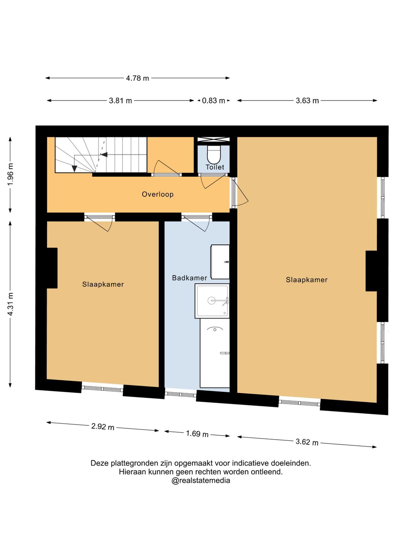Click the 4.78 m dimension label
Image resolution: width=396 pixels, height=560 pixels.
pos(137,78)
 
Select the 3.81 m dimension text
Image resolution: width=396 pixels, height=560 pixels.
pos(120,101)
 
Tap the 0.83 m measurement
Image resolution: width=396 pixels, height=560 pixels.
pos(213,101)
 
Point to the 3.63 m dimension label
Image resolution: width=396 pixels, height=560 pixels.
pos(307,101)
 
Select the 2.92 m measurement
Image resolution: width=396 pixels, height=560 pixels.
pos(103,426)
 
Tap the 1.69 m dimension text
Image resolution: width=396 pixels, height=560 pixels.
pos(197,434)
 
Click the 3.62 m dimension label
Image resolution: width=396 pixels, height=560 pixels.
pos(307,442)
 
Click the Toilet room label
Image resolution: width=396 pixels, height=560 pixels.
pos(215,167)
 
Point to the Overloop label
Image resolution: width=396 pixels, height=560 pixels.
pos(158,194)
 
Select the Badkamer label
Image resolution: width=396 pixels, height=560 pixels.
pos(190,278)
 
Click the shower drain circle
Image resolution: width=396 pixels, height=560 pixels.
pos(212,301)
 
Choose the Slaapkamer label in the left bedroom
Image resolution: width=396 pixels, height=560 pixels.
pos(103,284)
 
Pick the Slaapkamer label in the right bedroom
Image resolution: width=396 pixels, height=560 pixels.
pos(307,280)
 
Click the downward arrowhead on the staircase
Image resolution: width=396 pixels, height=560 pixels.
pos(74,169)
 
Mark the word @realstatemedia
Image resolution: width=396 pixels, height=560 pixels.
pos(201,480)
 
